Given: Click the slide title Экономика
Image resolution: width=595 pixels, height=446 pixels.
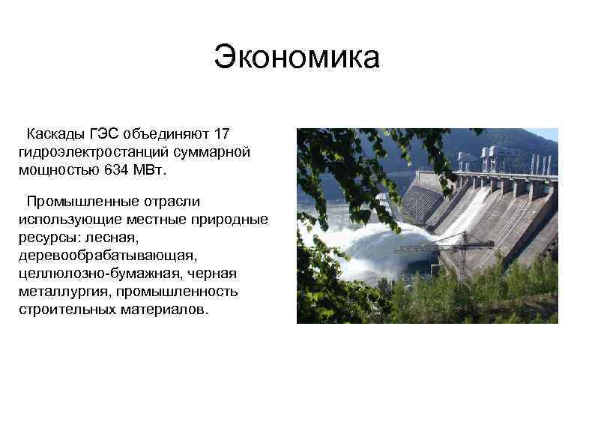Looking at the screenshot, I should coord(297,58).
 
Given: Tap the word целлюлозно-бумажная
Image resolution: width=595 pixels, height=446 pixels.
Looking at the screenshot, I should coord(94,273).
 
